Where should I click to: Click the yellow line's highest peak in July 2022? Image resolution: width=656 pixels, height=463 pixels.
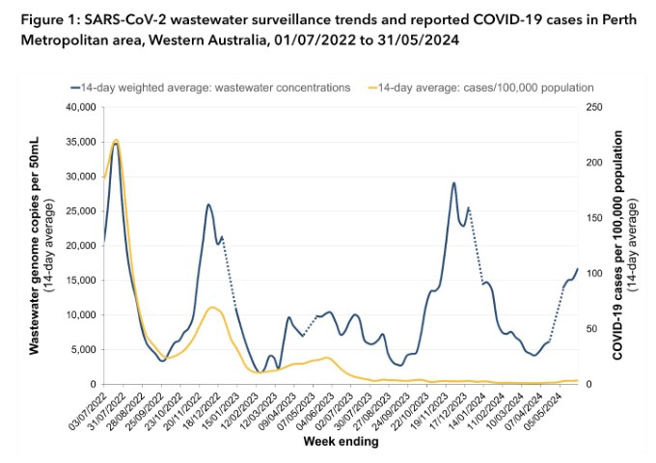point(116,141)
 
